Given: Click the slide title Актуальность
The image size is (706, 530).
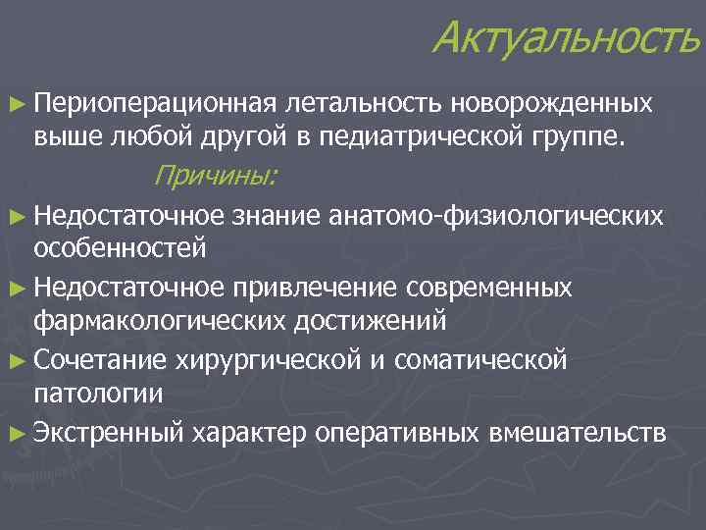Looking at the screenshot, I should [567, 38].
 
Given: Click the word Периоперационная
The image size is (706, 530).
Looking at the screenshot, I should [139, 103].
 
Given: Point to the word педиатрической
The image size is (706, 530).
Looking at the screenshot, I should [425, 136].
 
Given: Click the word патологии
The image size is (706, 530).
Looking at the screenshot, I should [98, 393].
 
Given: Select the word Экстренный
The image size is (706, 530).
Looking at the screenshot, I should [109, 432].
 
